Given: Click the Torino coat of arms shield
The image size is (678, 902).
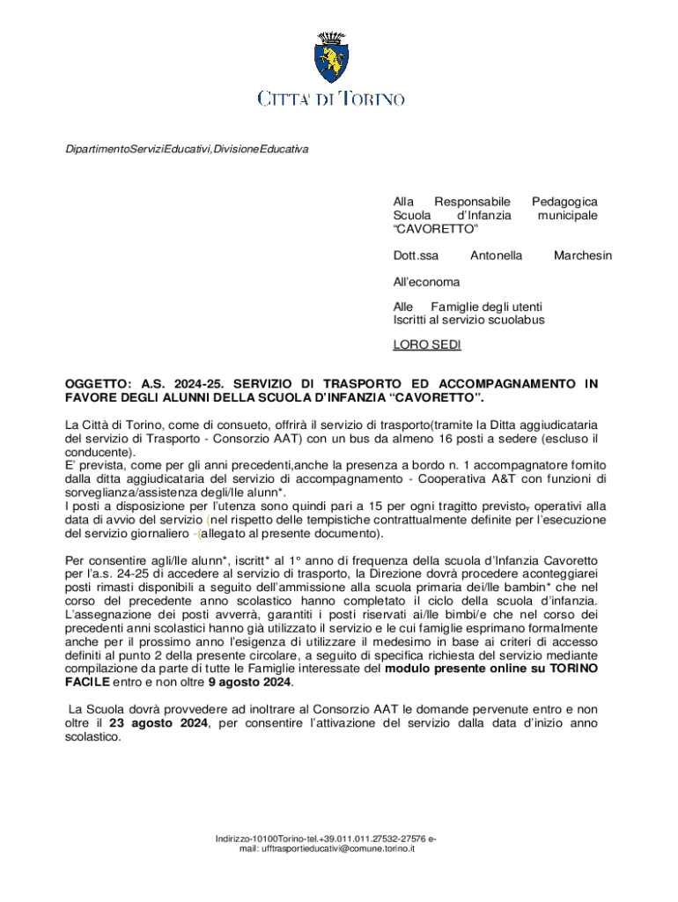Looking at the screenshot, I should tap(331, 59).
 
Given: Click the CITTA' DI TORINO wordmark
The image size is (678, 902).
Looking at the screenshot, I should tap(331, 99).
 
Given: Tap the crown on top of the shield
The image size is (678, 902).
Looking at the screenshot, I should tap(331, 37).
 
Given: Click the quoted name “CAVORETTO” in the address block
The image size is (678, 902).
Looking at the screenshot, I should tap(435, 229).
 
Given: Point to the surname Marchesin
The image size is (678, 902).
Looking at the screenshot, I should tap(582, 255).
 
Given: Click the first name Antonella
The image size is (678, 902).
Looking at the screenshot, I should tap(496, 255).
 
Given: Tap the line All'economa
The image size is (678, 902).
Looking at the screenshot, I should tap(426, 282).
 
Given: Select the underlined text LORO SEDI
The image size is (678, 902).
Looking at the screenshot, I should tap(426, 344).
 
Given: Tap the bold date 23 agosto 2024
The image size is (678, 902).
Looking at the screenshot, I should tap(158, 723).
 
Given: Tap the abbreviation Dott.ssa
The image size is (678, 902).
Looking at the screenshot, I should tap(416, 255).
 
